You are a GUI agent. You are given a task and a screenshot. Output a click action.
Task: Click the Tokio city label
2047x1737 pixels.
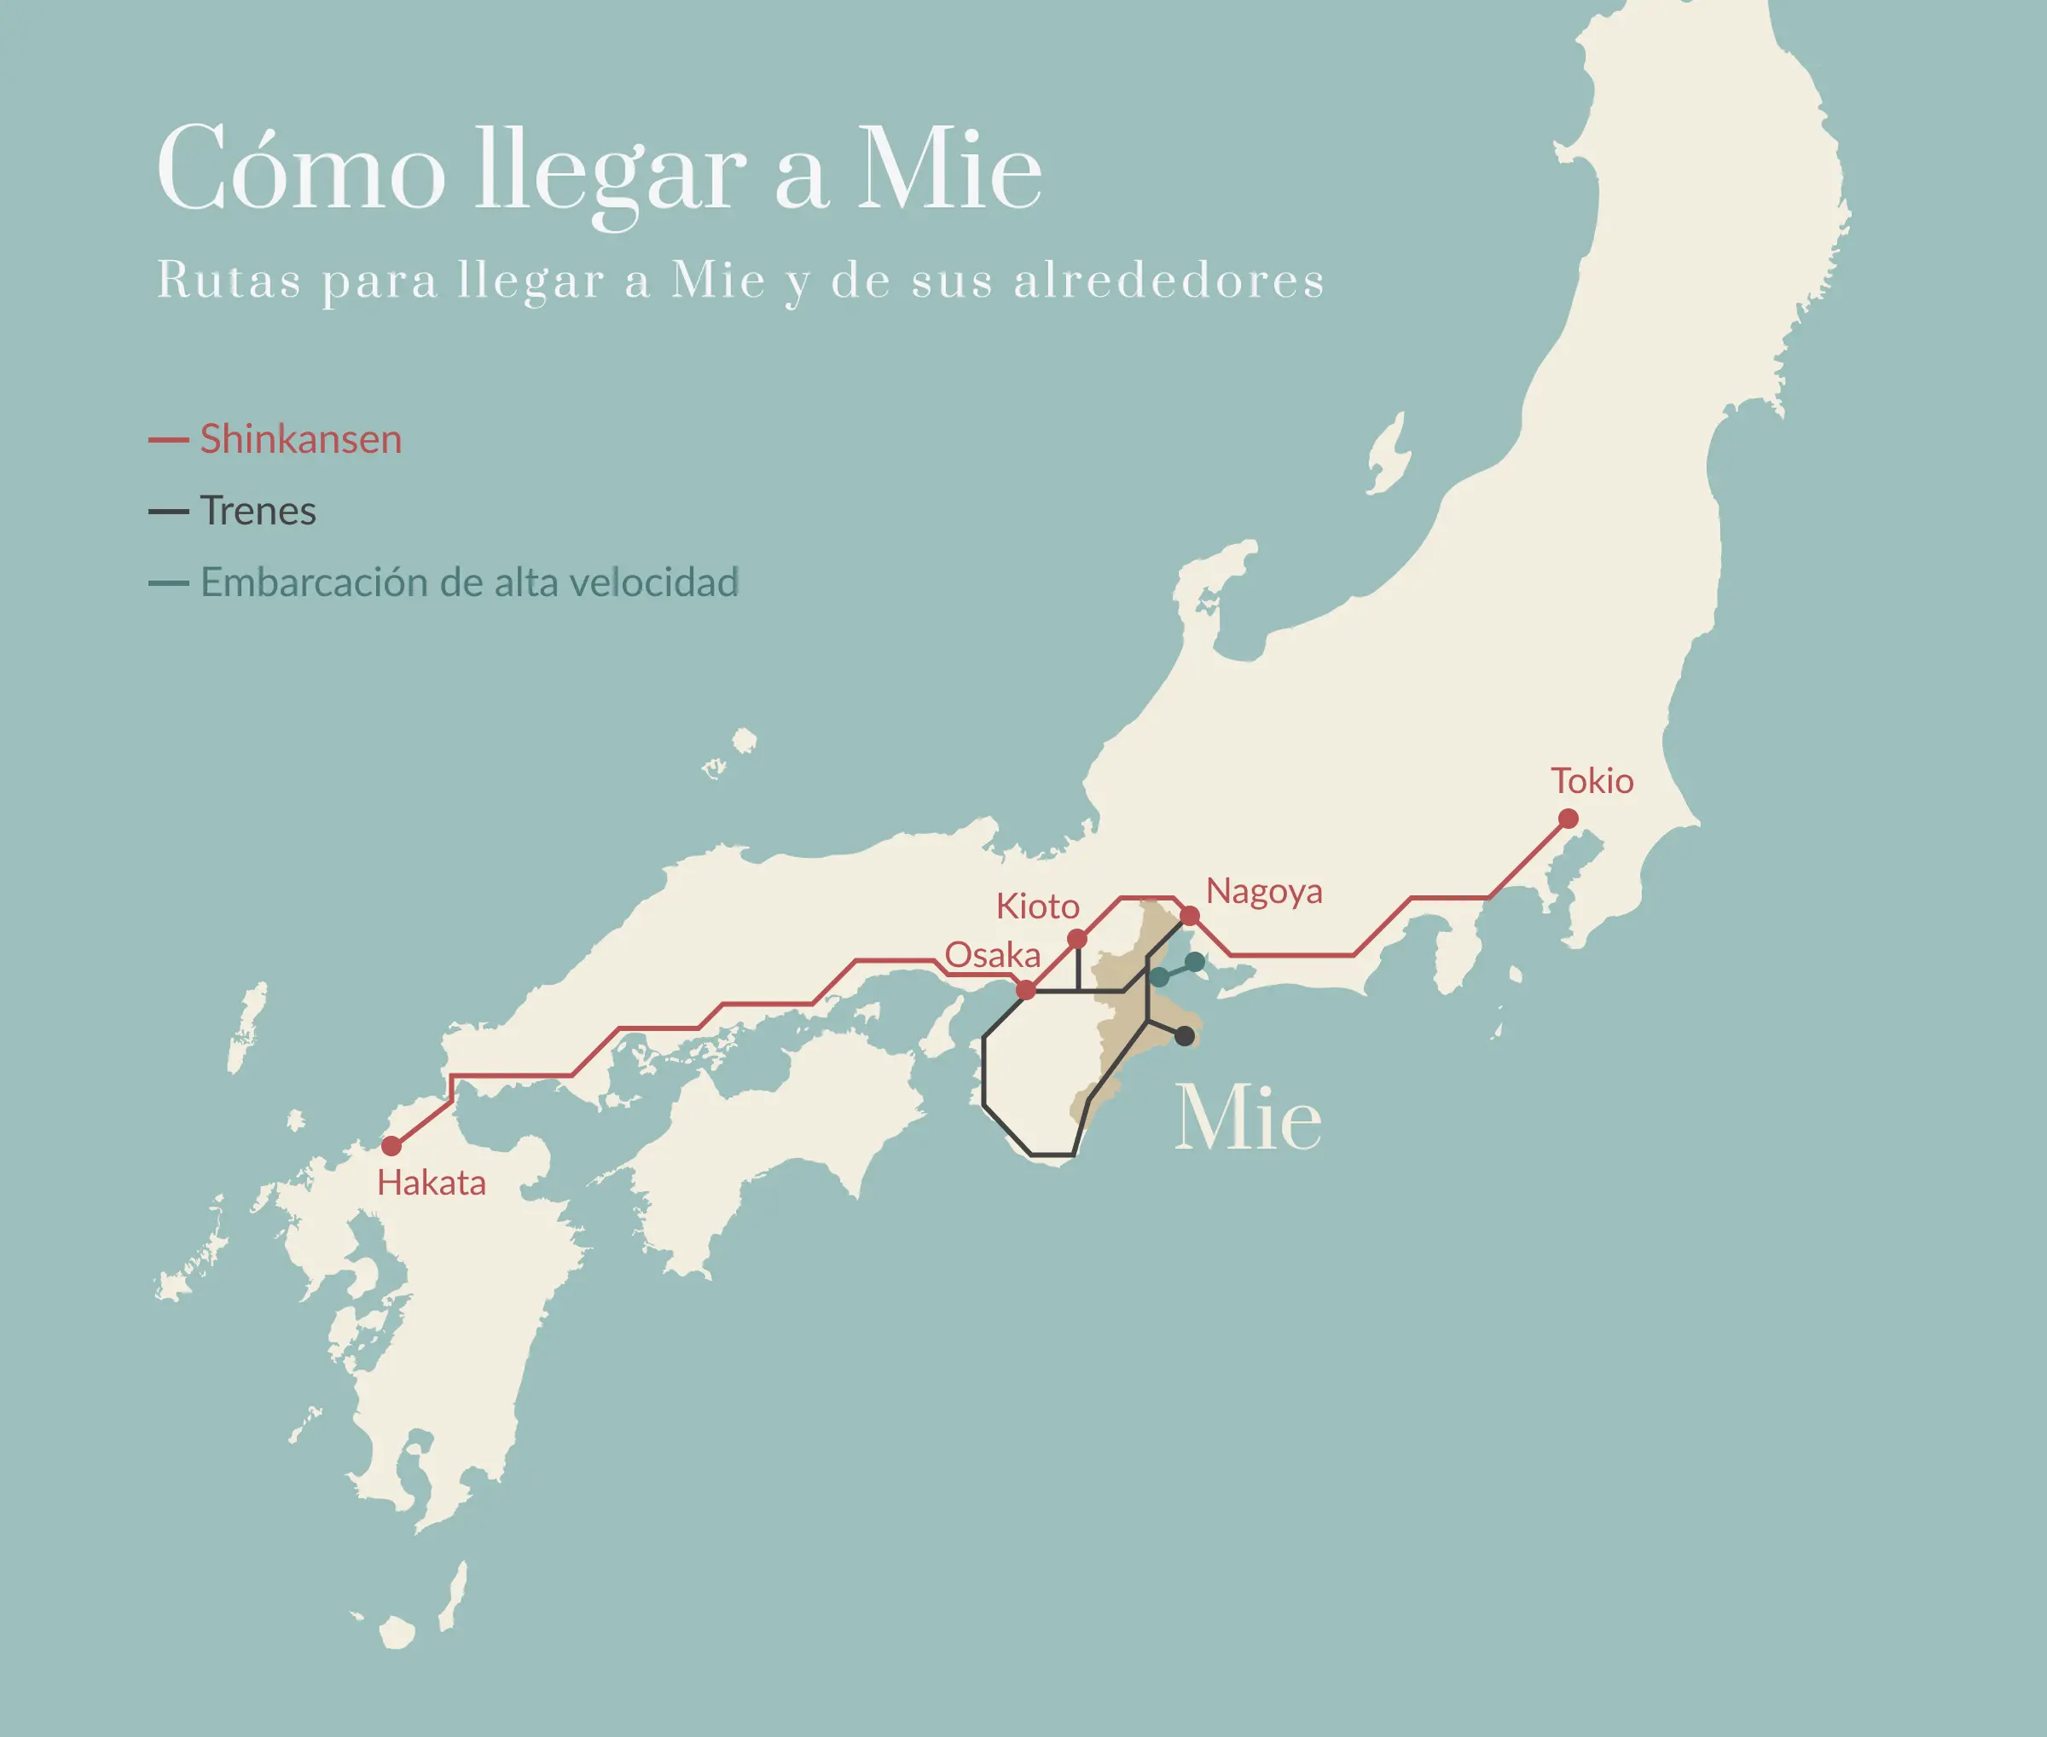click(1592, 781)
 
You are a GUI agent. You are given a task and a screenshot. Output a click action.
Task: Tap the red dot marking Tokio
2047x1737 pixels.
click(1569, 819)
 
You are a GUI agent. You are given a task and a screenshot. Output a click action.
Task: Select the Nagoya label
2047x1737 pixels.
click(1264, 891)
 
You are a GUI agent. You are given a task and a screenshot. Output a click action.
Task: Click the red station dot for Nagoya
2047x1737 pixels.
click(1189, 916)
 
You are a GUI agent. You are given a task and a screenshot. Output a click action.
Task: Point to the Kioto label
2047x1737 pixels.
click(1037, 906)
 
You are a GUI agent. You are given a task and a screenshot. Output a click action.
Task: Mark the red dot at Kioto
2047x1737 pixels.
click(1076, 938)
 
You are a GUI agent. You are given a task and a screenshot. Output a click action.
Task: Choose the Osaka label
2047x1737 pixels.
click(992, 954)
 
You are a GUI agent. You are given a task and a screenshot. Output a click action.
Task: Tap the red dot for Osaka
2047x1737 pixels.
click(1025, 990)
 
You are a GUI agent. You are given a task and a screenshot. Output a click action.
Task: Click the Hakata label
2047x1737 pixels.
click(432, 1183)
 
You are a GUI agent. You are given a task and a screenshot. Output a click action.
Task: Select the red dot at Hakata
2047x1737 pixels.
click(391, 1145)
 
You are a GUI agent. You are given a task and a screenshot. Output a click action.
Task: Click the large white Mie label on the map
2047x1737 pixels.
click(1248, 1119)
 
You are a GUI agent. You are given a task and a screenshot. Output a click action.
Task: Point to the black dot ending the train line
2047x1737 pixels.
click(1185, 1036)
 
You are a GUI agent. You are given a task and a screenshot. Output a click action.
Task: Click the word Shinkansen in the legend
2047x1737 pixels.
click(300, 439)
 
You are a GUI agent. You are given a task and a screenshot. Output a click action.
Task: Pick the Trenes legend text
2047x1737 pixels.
click(258, 511)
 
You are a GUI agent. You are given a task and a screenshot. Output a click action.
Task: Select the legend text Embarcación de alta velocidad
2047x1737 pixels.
click(470, 583)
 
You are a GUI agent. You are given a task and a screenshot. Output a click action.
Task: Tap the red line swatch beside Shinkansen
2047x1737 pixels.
click(168, 440)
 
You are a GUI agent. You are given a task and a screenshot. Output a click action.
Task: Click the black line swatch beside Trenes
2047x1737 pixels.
click(168, 512)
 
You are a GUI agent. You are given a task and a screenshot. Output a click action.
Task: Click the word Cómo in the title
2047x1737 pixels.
click(300, 170)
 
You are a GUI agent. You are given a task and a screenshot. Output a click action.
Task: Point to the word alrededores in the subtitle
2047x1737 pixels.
click(1168, 281)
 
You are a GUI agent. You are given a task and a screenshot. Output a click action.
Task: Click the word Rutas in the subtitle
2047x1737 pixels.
click(229, 281)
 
